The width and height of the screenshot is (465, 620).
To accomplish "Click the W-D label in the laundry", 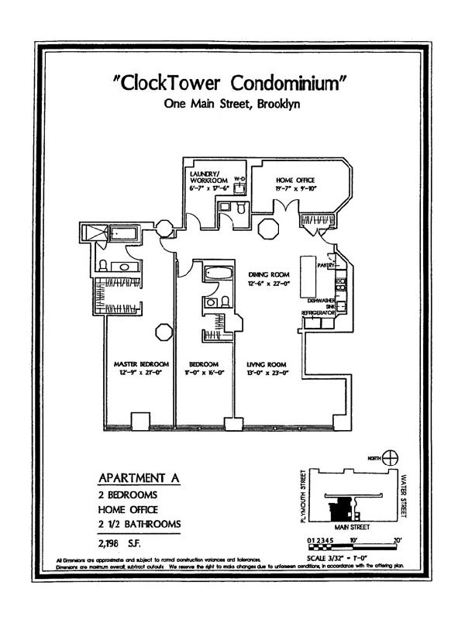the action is tap(239, 179).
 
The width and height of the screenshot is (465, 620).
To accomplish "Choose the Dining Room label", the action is tap(268, 274).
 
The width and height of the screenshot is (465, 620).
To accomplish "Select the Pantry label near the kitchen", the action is tap(325, 266).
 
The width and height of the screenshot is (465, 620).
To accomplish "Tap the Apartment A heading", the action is tap(139, 478).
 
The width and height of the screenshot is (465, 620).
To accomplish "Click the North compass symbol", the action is tap(392, 459).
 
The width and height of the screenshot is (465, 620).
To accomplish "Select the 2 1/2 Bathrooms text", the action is tap(139, 525).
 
